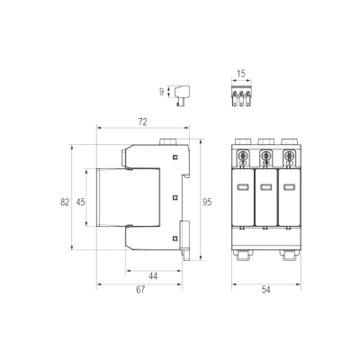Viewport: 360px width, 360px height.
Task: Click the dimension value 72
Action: [x=143, y=122]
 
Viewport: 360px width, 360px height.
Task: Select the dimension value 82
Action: [x=65, y=202]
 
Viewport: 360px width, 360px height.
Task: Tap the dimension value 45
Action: [x=80, y=202]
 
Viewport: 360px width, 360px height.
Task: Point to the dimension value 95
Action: [x=207, y=202]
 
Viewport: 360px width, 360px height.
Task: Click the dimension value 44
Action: [x=153, y=276]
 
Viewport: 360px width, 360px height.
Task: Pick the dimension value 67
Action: [x=140, y=290]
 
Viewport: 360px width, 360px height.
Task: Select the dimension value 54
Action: [x=265, y=290]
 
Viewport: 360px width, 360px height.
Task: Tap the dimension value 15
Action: [x=241, y=73]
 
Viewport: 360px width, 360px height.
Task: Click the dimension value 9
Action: [x=162, y=92]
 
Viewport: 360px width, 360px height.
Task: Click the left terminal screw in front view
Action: [x=242, y=156]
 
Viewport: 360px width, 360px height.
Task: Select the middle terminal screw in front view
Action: [x=265, y=156]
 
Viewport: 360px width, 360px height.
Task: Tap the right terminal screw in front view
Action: [x=289, y=156]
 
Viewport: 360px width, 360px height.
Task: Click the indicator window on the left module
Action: [x=242, y=187]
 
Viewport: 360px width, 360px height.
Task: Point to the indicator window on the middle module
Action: [x=265, y=187]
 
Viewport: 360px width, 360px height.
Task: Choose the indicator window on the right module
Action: [x=289, y=187]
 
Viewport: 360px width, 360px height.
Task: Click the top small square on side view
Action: [x=175, y=157]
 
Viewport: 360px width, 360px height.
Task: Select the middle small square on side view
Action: [x=175, y=198]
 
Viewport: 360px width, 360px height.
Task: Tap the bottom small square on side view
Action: [x=175, y=238]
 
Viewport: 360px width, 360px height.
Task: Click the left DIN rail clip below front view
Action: [x=243, y=256]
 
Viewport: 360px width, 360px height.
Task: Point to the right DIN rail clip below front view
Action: [x=289, y=256]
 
